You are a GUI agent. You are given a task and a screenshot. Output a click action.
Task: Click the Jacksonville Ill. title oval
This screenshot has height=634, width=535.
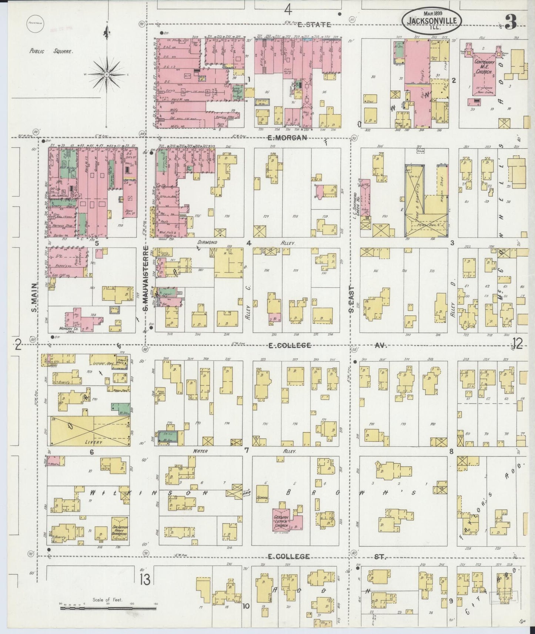pos(432,17)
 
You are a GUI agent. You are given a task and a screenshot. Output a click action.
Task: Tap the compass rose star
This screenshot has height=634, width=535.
pos(107,74)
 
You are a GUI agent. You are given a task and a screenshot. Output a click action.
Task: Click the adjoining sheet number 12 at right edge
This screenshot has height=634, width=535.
pos(517,344)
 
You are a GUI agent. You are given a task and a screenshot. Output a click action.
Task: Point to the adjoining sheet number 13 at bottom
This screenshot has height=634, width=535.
pos(145,579)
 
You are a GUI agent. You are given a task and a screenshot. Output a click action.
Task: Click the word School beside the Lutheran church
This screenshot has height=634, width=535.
pos(262,498)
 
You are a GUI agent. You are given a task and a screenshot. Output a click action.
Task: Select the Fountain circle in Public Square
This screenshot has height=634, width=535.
pos(36,23)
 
